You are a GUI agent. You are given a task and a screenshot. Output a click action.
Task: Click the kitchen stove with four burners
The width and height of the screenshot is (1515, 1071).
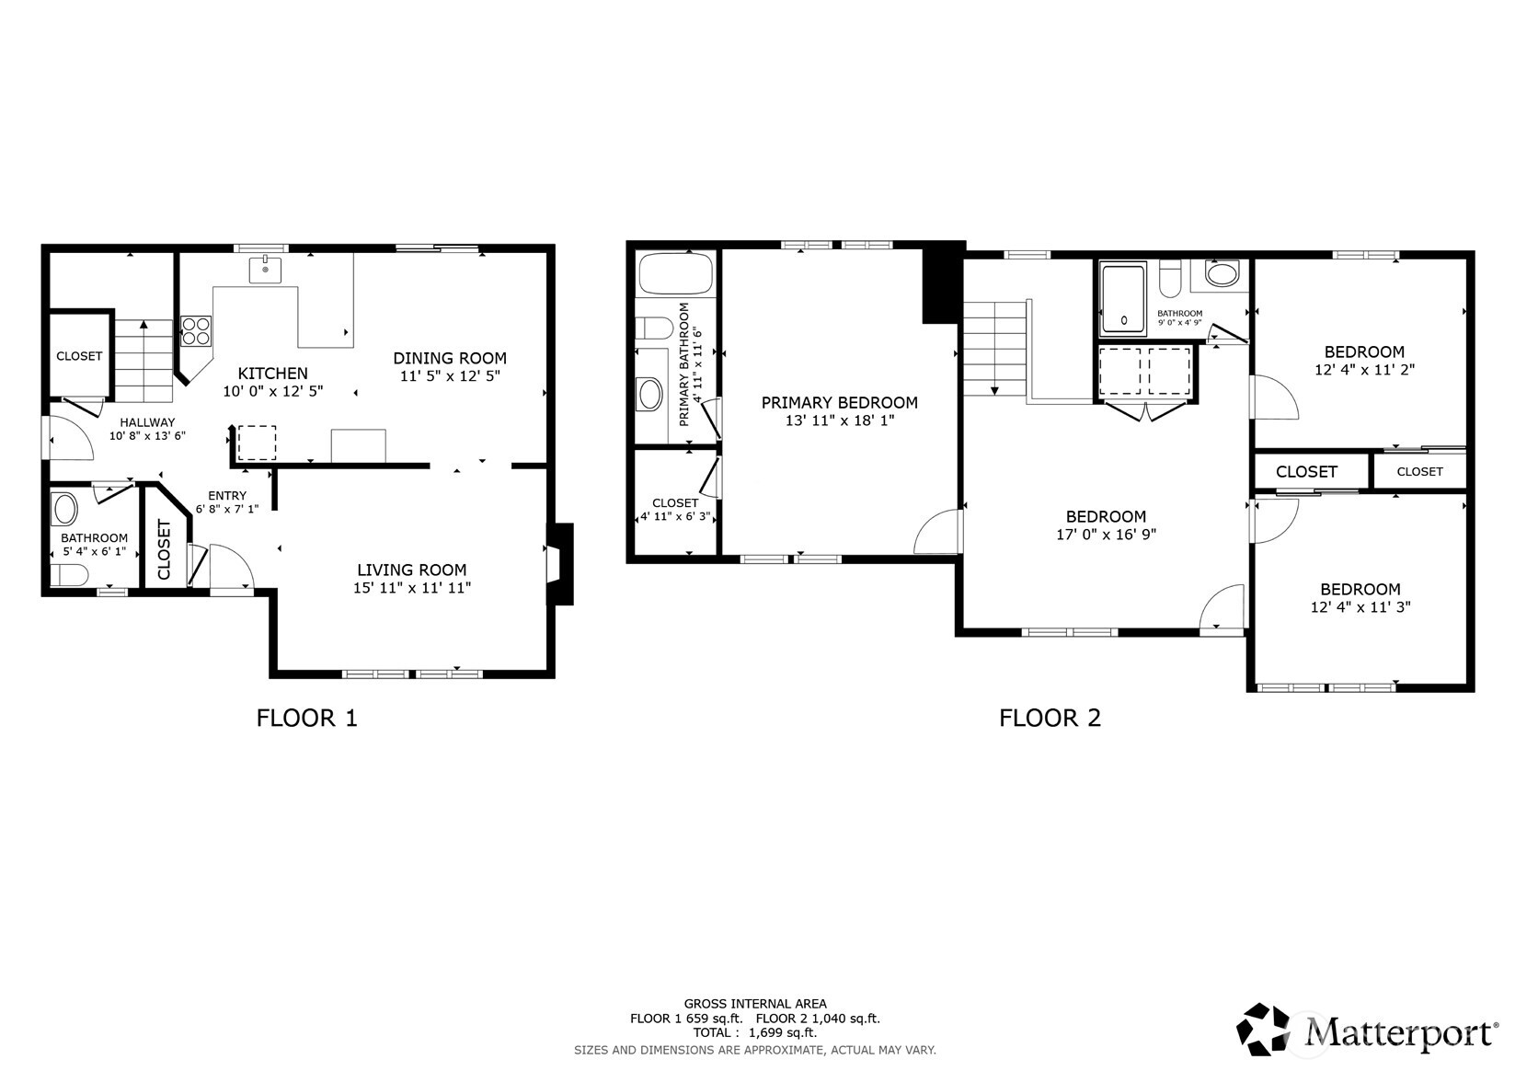pos(196,331)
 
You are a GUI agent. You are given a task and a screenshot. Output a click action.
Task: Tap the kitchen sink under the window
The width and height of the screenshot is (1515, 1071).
pos(265,270)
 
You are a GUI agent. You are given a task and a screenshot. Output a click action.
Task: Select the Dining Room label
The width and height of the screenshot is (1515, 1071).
pos(450,358)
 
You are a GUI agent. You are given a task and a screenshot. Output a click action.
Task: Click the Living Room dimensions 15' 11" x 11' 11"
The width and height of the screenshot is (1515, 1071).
pos(412,588)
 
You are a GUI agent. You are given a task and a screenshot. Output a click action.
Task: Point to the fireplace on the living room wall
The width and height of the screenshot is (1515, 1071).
pos(560,564)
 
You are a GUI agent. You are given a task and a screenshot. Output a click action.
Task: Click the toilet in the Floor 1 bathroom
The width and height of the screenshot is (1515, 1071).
pos(69,576)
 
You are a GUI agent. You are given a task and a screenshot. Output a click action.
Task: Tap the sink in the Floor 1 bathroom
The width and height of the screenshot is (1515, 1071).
pos(65,510)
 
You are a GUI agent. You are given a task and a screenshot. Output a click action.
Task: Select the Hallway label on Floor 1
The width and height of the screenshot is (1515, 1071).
pos(147,422)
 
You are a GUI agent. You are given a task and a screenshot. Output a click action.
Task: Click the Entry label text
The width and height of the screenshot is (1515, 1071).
pos(227,495)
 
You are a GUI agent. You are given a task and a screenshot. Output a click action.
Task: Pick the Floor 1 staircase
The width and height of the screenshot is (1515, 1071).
pos(143,362)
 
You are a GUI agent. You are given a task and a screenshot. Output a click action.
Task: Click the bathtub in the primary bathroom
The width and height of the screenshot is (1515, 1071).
pos(676,275)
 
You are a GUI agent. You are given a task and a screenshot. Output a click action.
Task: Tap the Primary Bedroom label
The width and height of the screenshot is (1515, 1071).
pos(839,403)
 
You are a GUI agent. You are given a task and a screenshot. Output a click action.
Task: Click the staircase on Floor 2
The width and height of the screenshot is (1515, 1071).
pos(995,349)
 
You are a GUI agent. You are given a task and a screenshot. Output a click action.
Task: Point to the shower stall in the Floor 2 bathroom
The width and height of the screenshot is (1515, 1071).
pos(1123,299)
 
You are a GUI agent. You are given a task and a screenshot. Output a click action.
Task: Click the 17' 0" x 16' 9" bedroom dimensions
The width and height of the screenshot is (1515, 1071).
pos(1107,535)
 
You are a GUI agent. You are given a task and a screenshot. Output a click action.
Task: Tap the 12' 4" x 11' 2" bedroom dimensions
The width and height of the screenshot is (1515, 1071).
pos(1365,370)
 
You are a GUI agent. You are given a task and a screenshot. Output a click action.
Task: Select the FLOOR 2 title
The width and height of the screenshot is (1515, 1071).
pos(1050,718)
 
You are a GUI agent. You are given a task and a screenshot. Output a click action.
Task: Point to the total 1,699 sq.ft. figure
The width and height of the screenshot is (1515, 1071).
pos(783,1032)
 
